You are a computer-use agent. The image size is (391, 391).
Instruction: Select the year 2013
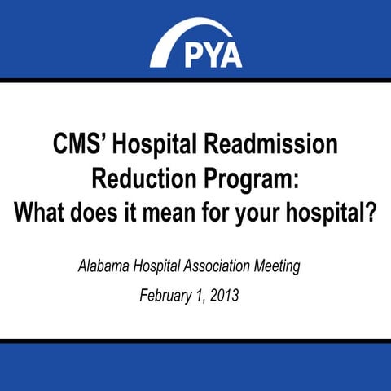pos(223,294)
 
